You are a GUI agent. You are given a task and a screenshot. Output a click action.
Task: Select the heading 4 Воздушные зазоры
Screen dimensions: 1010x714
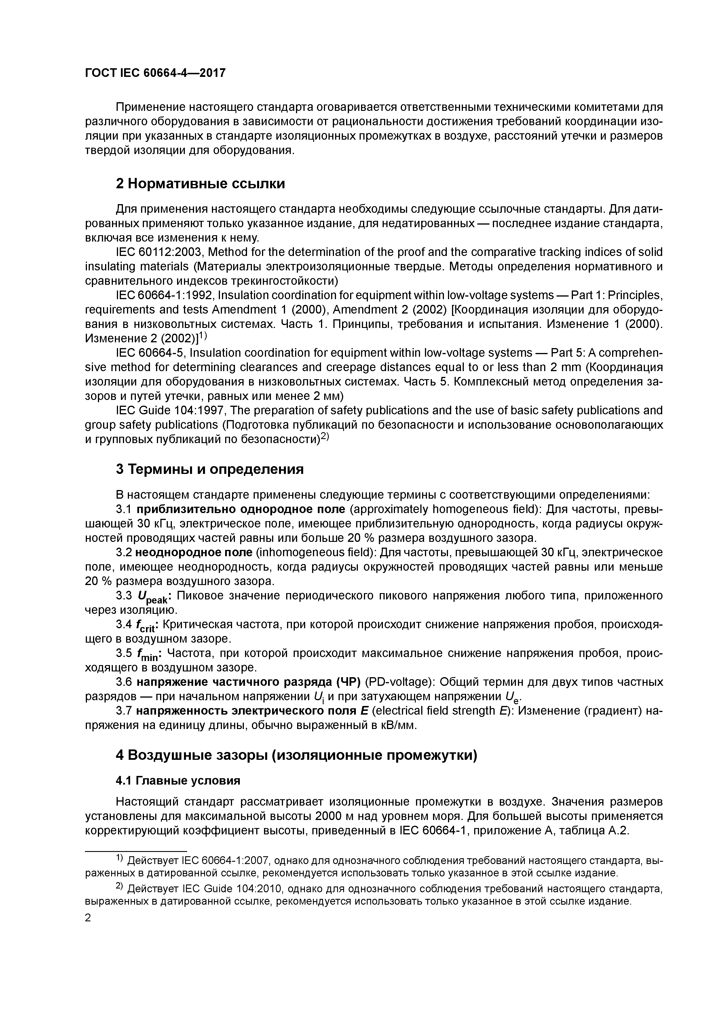[x=296, y=755]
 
